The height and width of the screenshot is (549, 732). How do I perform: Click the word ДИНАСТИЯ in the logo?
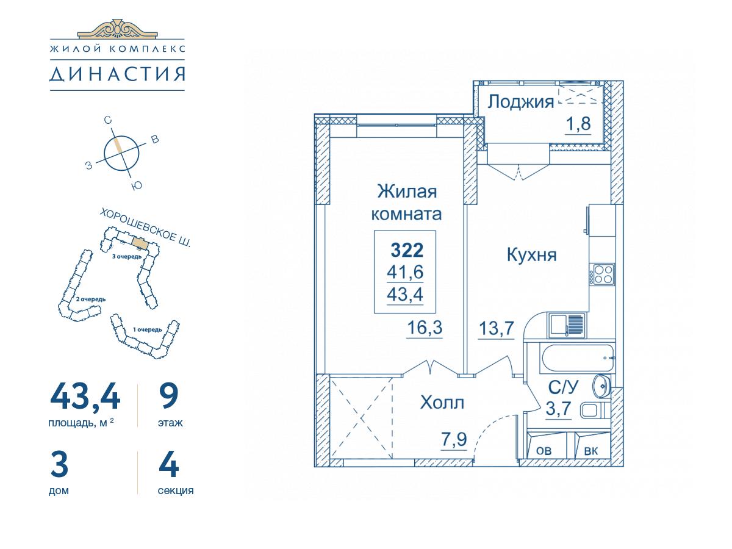117,74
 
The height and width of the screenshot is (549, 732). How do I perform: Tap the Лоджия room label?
520,102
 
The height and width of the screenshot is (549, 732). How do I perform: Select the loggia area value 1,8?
578,124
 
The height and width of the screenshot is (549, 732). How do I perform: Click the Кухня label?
531,255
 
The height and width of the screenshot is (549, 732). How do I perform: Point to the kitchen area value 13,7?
496,328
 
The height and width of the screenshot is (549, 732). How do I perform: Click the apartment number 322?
407,250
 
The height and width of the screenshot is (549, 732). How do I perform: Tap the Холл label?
442,403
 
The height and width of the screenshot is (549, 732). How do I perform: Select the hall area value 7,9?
454,439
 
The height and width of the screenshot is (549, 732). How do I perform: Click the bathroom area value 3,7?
559,408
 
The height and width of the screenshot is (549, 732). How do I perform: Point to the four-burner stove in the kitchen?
601,274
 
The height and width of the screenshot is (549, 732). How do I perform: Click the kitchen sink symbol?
567,325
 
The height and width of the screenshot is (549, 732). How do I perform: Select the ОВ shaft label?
544,451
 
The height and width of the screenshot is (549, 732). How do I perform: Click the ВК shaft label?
591,451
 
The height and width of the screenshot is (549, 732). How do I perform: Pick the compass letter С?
107,120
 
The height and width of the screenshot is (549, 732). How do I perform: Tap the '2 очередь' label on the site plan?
91,299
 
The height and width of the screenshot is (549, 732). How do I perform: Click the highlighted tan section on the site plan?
139,242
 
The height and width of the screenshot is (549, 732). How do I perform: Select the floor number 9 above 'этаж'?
169,396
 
